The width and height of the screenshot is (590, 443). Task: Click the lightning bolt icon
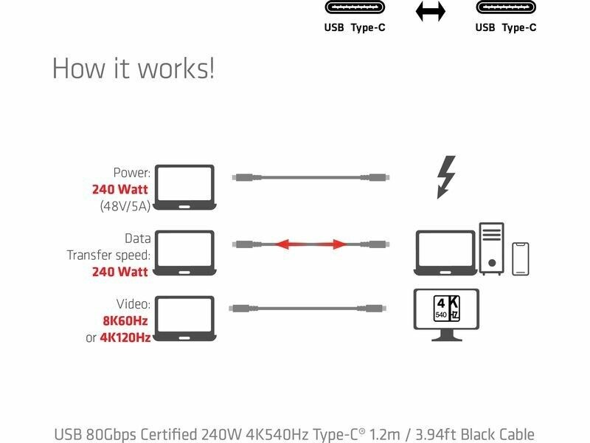[446, 176]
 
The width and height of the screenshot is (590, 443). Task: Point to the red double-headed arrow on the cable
[310, 244]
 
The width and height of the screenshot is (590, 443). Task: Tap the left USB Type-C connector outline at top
[355, 8]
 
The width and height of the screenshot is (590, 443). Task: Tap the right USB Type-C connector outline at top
[506, 8]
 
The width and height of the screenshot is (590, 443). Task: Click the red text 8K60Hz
[126, 321]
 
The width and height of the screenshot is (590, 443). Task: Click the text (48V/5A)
[125, 206]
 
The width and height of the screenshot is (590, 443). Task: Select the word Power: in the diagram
[131, 173]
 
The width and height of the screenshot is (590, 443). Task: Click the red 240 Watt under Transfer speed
[120, 272]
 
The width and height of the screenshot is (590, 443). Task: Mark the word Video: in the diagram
[133, 304]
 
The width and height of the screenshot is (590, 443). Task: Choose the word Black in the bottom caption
[472, 434]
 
